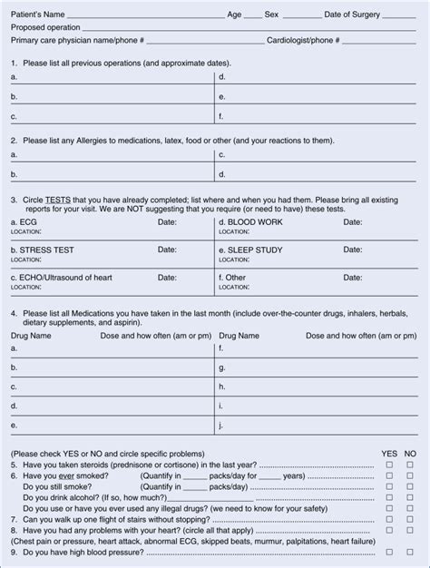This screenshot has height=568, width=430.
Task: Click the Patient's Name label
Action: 37,15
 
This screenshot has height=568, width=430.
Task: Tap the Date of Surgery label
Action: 352,15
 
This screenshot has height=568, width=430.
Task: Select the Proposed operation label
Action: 45,28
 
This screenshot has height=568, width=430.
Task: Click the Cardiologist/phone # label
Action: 303,41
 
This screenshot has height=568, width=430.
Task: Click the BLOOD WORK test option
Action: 250,222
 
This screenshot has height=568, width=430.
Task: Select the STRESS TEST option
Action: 42,250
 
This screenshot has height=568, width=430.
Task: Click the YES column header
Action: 389,453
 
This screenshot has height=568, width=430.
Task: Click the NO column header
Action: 410,453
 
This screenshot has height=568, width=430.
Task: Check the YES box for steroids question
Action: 389,465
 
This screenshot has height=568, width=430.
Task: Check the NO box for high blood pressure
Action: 410,552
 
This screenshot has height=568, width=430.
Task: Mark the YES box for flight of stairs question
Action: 389,519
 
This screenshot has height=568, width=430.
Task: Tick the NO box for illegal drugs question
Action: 410,508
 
